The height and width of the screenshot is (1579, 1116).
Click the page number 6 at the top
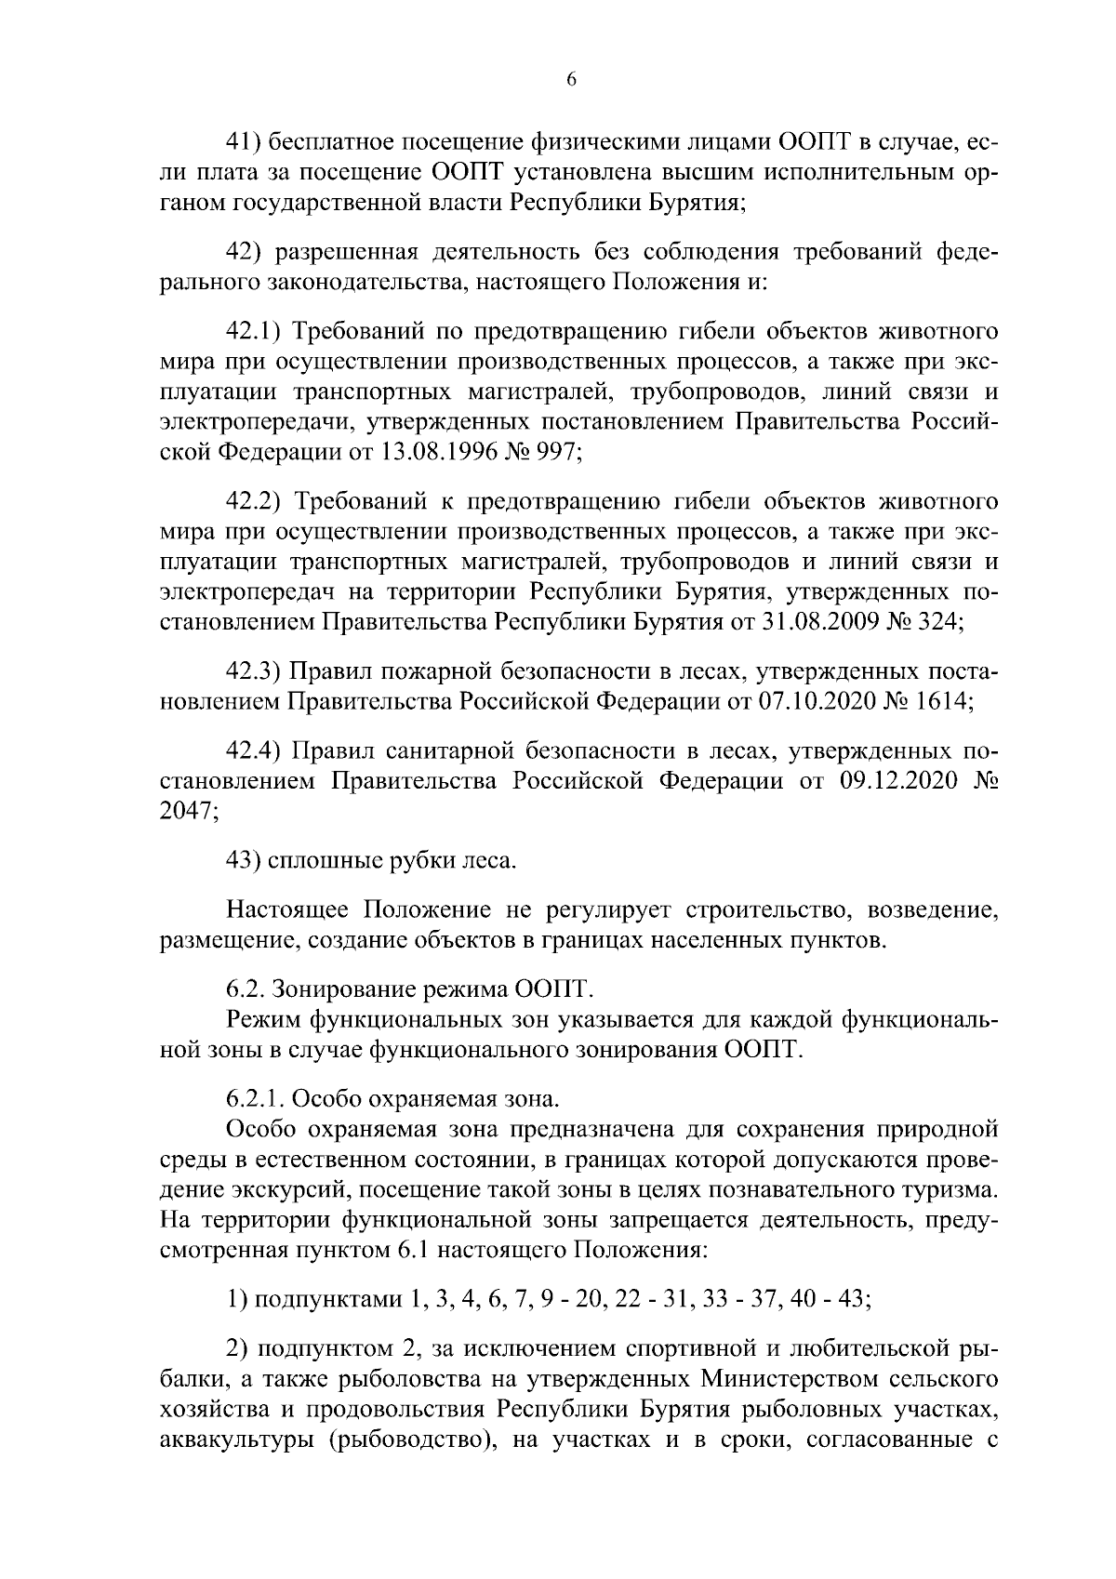[x=571, y=81]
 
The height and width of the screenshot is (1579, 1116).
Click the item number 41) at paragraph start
[x=246, y=142]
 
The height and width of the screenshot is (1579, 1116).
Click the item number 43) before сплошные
[x=245, y=861]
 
